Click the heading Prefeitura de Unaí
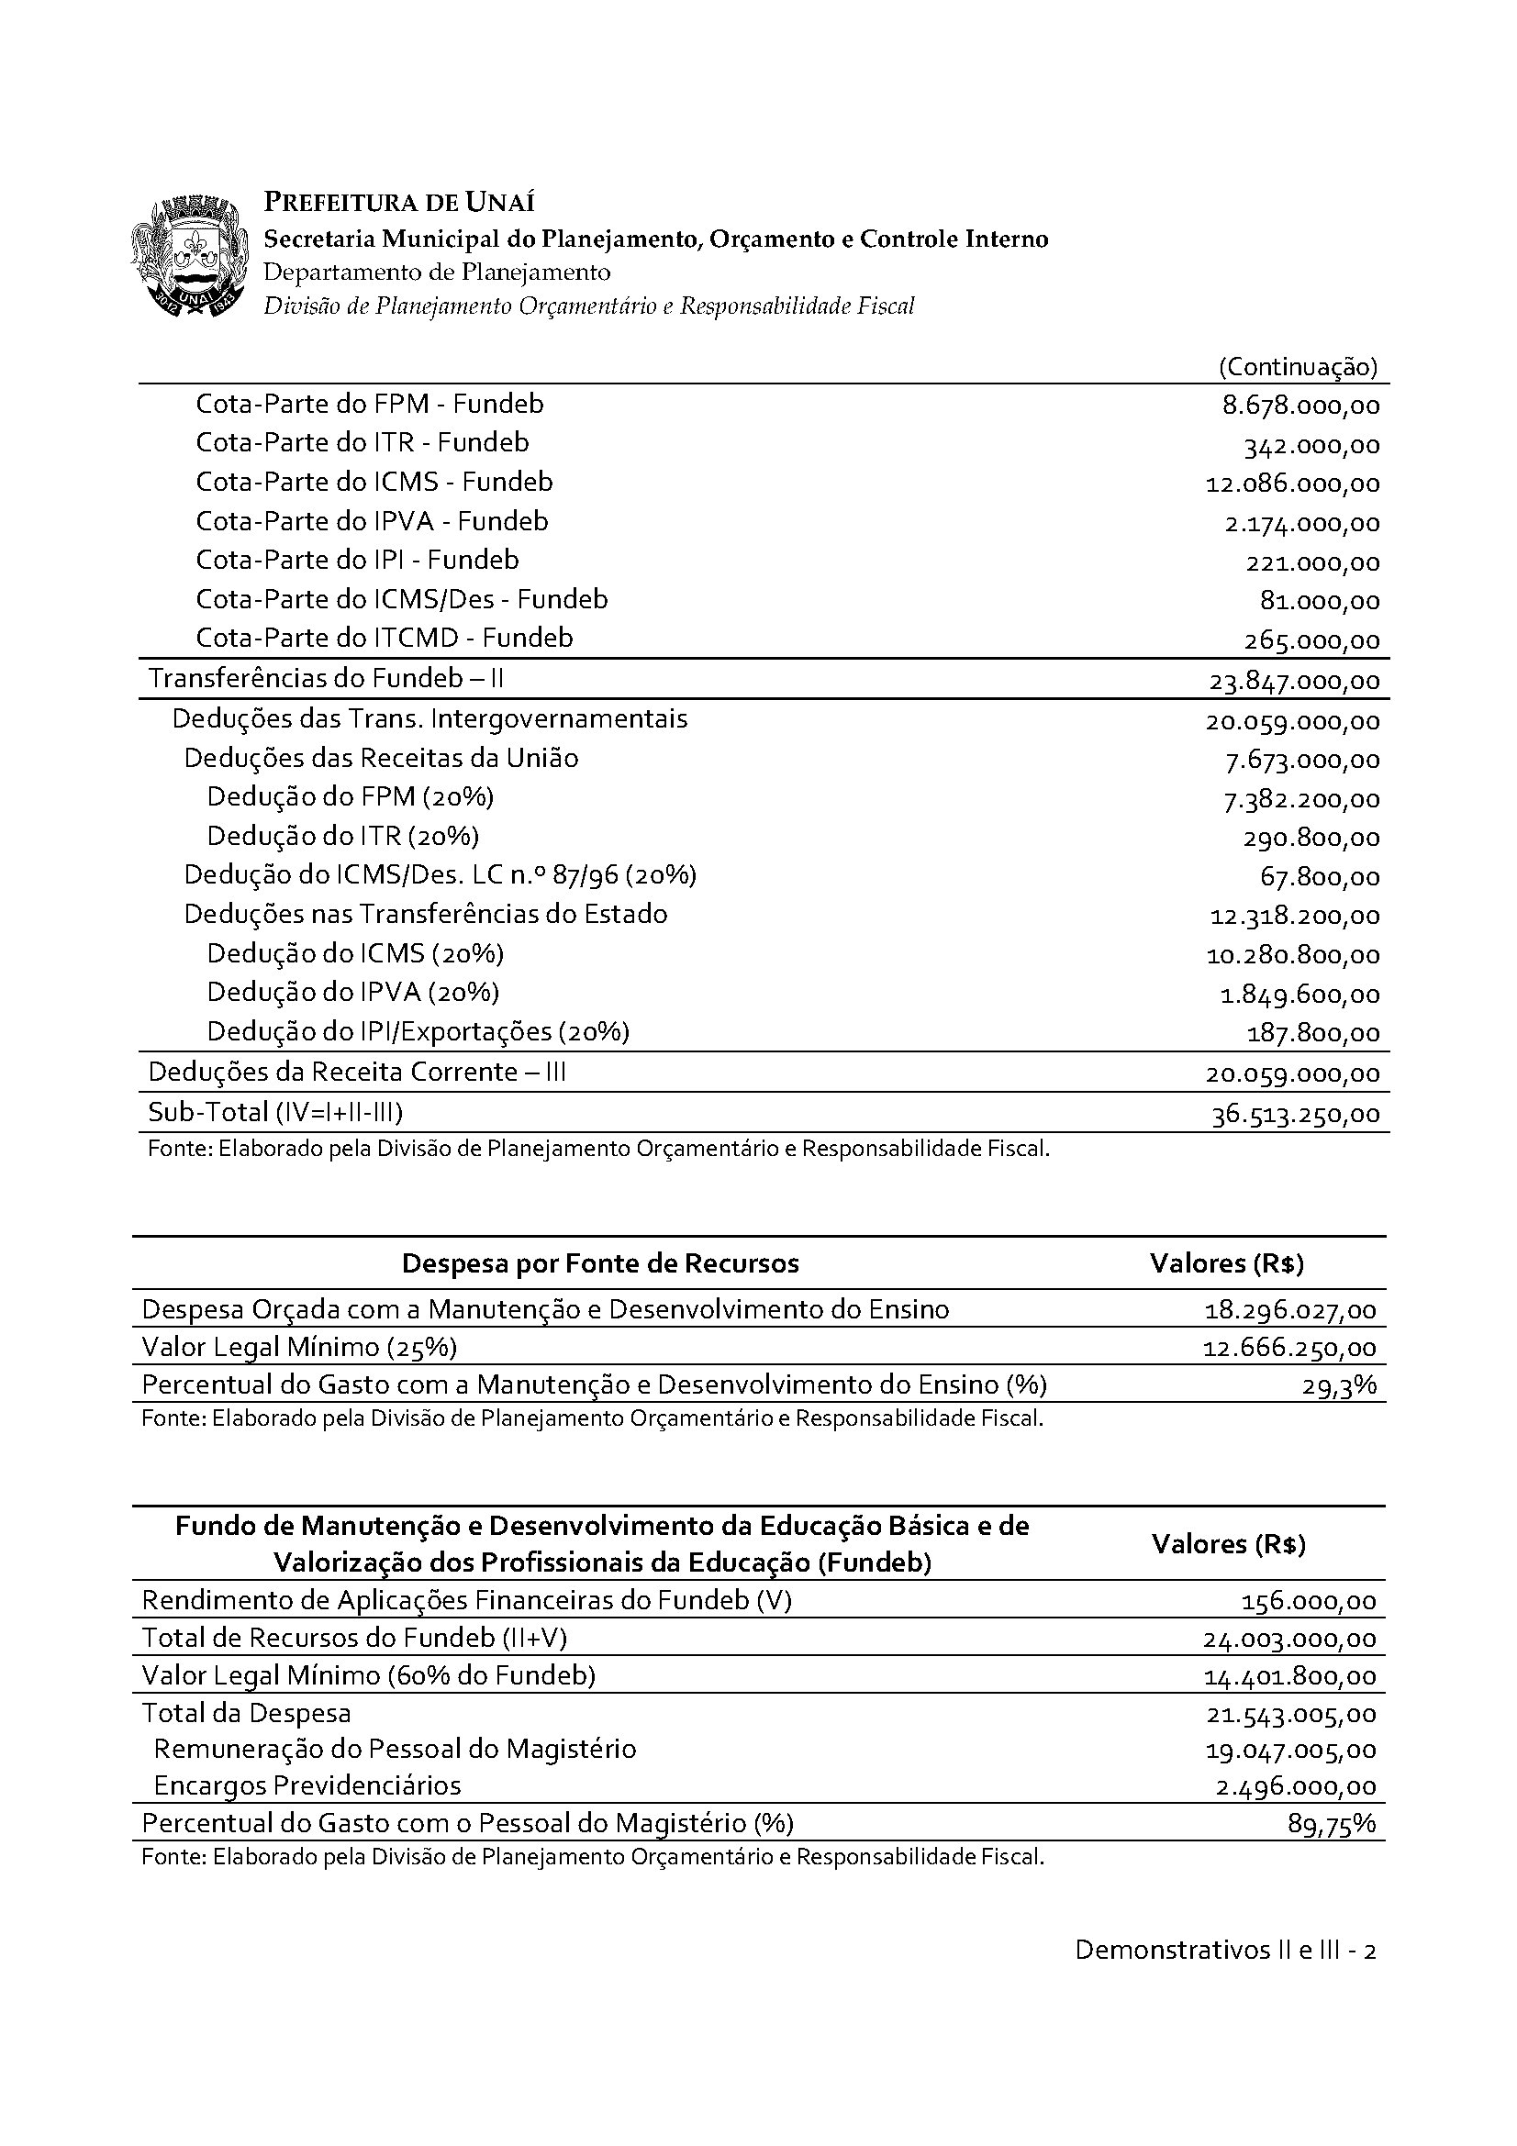coord(399,203)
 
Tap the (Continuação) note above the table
coord(1298,366)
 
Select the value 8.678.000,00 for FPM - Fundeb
coord(1300,406)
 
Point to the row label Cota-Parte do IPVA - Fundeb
coord(372,521)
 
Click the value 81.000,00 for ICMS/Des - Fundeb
coord(1320,601)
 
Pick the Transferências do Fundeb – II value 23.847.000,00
coord(1294,682)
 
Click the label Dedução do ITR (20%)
coord(343,836)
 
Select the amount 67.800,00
coord(1320,878)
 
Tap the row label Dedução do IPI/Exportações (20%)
coord(418,1032)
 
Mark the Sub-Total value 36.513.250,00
coord(1295,1115)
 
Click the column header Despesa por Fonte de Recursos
coord(600,1263)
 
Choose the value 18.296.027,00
coord(1290,1310)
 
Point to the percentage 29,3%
coord(1339,1385)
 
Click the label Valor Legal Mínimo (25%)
coord(299,1347)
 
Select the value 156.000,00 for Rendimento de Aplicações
coord(1309,1602)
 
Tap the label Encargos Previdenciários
coord(307,1786)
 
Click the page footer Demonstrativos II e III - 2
coord(1224,1951)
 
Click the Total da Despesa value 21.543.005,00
coord(1290,1715)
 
